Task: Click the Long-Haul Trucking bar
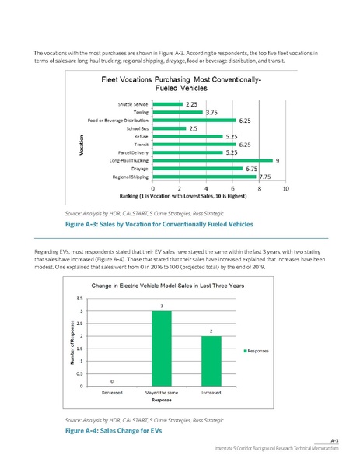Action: coord(212,160)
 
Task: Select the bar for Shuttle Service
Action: coord(166,103)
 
